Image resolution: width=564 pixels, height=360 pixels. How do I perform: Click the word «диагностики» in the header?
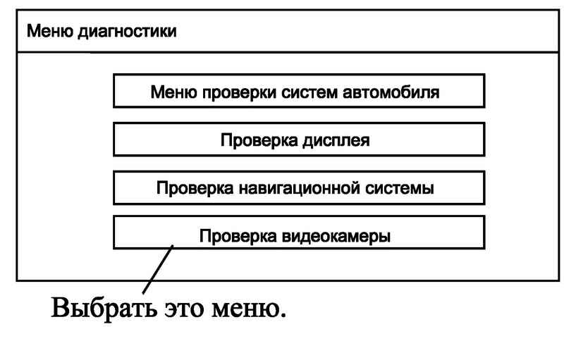[x=128, y=32]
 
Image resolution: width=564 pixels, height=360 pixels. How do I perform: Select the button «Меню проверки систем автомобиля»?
[x=299, y=91]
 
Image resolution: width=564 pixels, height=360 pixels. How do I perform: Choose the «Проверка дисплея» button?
[x=299, y=139]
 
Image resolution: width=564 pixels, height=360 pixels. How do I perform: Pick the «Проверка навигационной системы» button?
[x=299, y=188]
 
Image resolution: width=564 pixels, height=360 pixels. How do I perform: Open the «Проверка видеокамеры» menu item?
[x=299, y=232]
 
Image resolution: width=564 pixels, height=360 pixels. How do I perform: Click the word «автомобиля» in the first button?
[x=391, y=92]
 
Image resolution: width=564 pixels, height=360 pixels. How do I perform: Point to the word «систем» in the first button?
[x=309, y=92]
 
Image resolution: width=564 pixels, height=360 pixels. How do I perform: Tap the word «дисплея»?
[x=336, y=141]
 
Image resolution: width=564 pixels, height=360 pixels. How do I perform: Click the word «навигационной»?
[x=299, y=188]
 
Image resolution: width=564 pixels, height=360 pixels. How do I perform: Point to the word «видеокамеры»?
[x=336, y=237]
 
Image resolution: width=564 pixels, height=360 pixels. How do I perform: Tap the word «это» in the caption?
[x=184, y=310]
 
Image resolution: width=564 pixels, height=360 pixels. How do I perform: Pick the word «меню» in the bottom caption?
[x=249, y=310]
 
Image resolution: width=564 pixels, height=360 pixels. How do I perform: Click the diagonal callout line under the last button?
[x=158, y=269]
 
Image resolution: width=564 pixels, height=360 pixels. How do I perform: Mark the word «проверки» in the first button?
[x=239, y=93]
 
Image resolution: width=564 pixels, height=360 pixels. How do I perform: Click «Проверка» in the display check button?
[x=259, y=141]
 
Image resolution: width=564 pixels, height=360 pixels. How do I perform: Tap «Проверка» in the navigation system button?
[x=195, y=189]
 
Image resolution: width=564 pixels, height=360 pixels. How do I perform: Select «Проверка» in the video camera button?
[x=238, y=237]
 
